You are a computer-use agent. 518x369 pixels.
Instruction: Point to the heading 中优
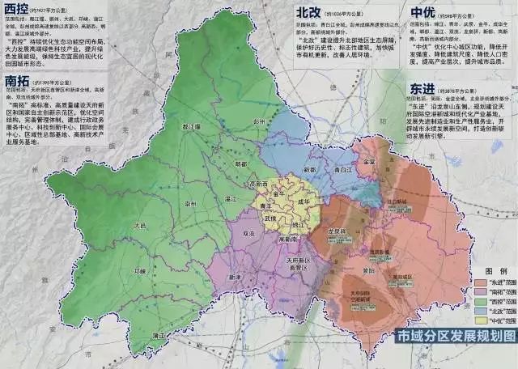[x=426, y=14]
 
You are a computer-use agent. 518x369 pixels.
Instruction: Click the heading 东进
[x=426, y=87]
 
